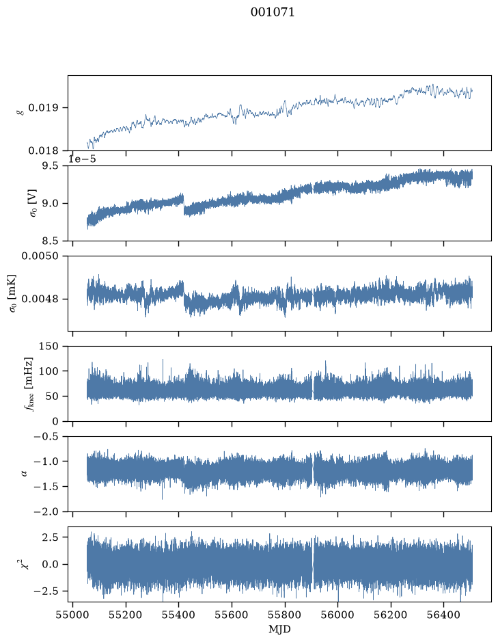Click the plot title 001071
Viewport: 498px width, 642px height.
(x=273, y=12)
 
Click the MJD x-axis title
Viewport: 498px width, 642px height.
(x=279, y=629)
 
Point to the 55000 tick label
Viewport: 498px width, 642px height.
(x=73, y=615)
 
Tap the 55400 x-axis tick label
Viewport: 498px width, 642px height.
(x=179, y=615)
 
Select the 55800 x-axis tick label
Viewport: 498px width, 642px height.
(x=285, y=615)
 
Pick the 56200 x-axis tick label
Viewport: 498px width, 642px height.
(x=391, y=615)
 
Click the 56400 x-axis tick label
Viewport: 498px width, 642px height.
(x=444, y=615)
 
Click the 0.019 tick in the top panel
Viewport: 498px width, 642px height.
(x=43, y=108)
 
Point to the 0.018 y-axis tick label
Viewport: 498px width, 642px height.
(x=43, y=151)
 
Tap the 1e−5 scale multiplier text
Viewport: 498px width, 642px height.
(x=82, y=159)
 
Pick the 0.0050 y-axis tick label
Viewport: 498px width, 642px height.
(x=40, y=256)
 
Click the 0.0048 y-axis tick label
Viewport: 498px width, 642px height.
(x=40, y=299)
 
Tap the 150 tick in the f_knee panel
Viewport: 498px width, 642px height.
(x=49, y=347)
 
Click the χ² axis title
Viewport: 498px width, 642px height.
(x=25, y=564)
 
